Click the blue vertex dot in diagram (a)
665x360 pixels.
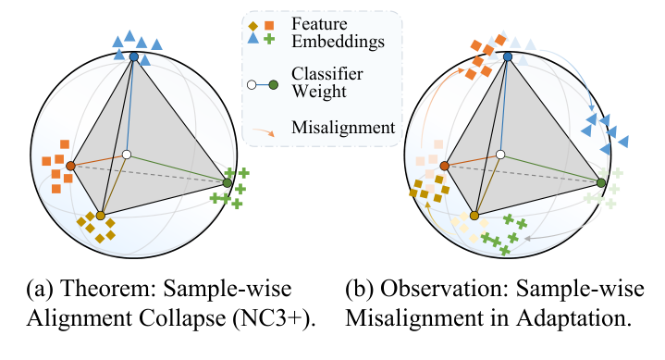click(134, 57)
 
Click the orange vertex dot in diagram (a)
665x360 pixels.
click(70, 167)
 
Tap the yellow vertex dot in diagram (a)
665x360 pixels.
click(101, 216)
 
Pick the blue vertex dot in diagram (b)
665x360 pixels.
click(507, 57)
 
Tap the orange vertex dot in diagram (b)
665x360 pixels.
click(445, 167)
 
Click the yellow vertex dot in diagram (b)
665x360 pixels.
click(474, 216)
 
